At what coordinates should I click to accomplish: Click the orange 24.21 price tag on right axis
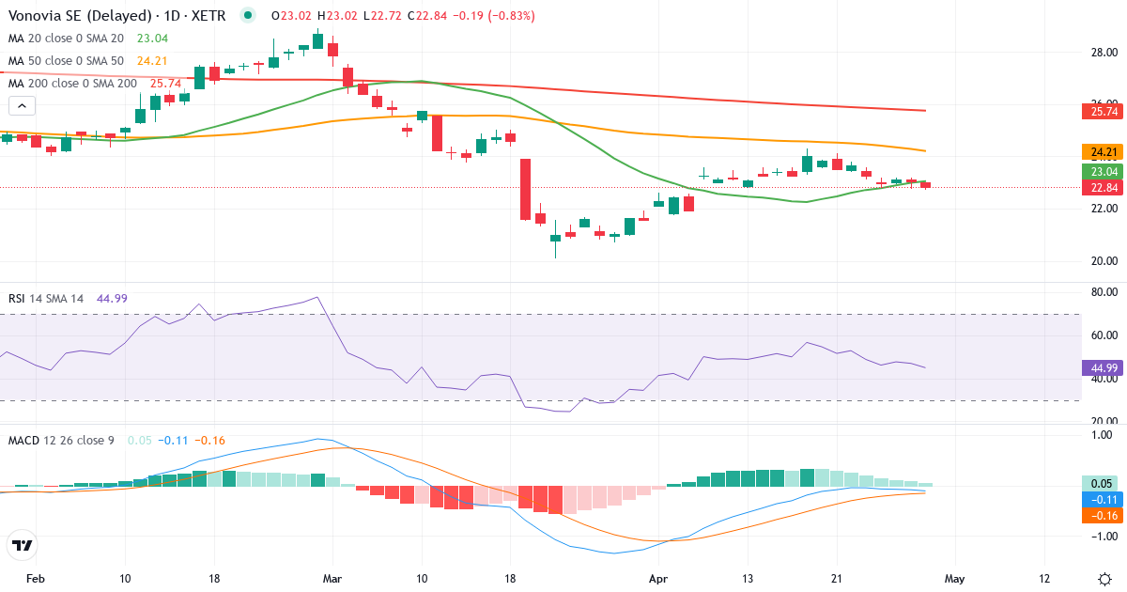(x=1102, y=152)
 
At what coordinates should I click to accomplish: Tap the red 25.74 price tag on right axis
(x=1102, y=112)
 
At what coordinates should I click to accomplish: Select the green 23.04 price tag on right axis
(x=1102, y=171)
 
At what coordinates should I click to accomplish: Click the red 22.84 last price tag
(x=1102, y=187)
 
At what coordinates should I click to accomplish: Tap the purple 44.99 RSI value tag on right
(x=1102, y=367)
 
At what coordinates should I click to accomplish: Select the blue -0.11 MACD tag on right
(x=1102, y=499)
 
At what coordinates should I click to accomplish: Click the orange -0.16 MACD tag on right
(x=1102, y=515)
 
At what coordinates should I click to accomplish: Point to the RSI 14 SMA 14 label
(x=46, y=299)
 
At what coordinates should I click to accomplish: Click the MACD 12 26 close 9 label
(x=61, y=441)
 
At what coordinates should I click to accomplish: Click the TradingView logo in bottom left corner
(x=23, y=545)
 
